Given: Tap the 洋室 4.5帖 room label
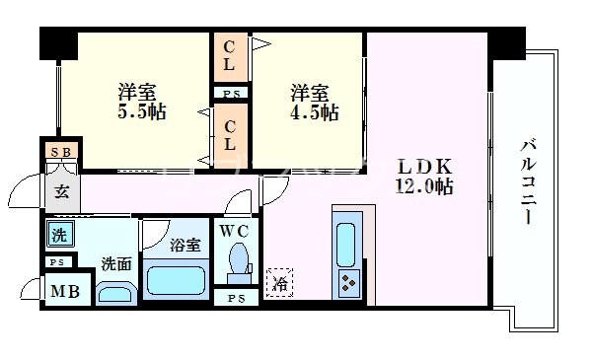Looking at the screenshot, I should click(x=315, y=102).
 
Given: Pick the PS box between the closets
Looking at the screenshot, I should click(x=231, y=93).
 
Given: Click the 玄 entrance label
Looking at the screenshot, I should click(x=60, y=192).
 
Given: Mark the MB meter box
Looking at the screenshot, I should click(x=66, y=292).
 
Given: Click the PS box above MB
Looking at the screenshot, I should click(x=56, y=263).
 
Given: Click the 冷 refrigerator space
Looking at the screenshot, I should click(x=280, y=282).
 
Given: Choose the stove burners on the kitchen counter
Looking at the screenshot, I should click(x=348, y=282).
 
